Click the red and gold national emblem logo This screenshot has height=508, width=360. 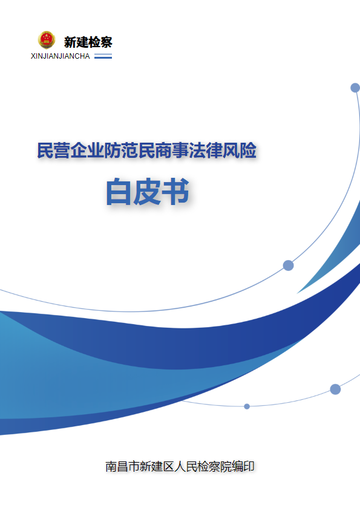coord(47,40)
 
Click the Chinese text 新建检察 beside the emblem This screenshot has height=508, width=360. coord(88,42)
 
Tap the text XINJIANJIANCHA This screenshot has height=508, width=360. coord(61,56)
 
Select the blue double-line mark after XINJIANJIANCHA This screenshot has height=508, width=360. coord(103,56)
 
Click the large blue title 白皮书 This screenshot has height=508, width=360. coord(148,192)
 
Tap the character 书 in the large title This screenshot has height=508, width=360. coord(176,192)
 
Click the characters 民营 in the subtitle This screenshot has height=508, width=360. coord(53,151)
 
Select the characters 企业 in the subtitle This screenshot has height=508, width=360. coord(87,151)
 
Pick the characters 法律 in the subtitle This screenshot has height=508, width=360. coord(206,151)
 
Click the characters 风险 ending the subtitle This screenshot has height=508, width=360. coord(240,151)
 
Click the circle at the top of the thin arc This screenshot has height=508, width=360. coord(355,88)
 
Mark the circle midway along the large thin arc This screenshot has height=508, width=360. coord(289,265)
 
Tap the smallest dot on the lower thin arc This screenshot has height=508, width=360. coord(247,406)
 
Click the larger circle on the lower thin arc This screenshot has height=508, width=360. coord(335,389)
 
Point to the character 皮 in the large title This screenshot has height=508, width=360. coord(147,192)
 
